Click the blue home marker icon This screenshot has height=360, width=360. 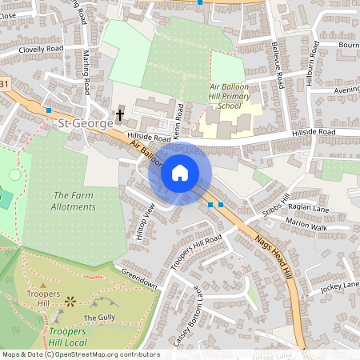(180, 172)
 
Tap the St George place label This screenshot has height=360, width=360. (83, 124)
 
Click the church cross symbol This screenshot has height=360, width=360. (120, 115)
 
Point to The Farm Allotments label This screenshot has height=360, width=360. (74, 201)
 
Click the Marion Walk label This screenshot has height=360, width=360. (306, 226)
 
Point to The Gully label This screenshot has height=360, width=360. (100, 318)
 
